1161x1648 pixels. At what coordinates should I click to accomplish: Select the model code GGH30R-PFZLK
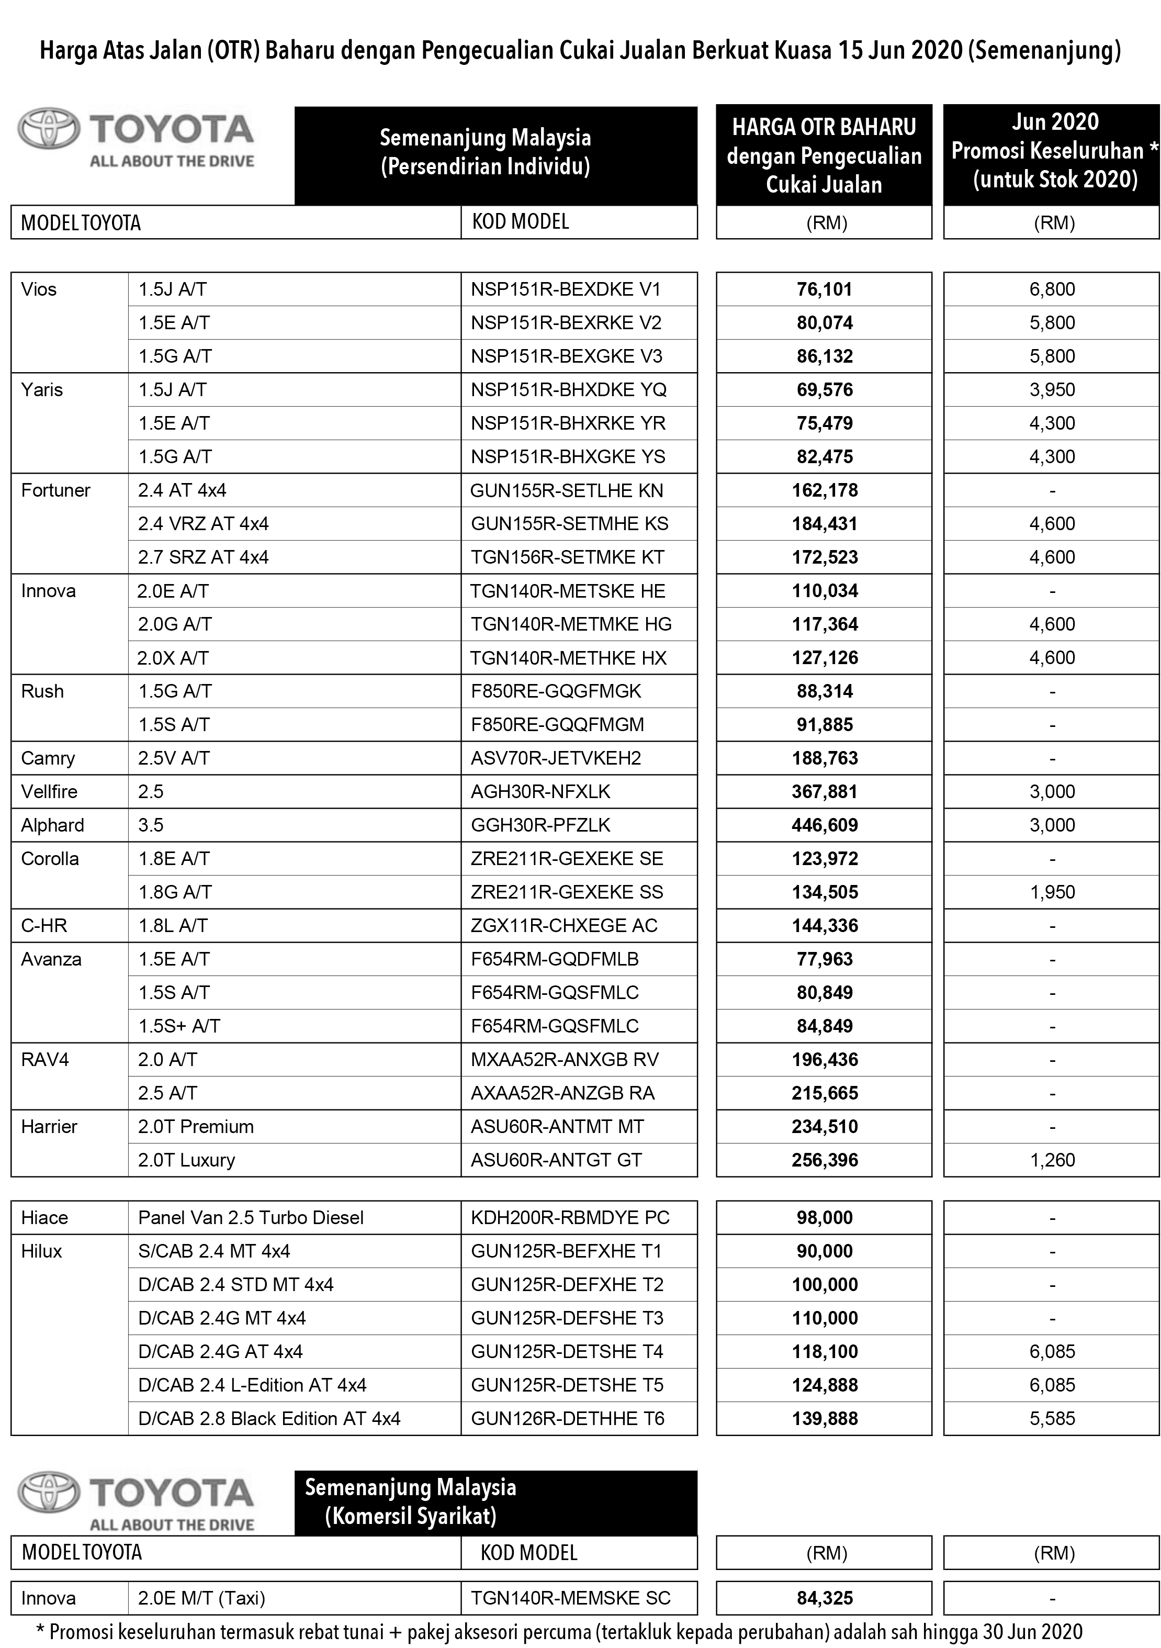[x=540, y=825]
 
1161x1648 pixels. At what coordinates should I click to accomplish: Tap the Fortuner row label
[x=55, y=490]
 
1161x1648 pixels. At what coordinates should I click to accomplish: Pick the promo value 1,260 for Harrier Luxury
[x=1052, y=1160]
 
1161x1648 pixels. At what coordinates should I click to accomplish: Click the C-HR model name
[x=44, y=925]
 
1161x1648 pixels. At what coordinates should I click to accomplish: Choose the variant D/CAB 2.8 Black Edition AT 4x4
[x=269, y=1418]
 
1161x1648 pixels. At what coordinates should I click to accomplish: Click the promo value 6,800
[x=1052, y=289]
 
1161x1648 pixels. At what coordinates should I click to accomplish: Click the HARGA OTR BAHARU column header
[x=824, y=155]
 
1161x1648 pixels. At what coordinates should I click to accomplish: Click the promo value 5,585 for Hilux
[x=1052, y=1418]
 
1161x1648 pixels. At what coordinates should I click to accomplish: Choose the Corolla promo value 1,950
[x=1052, y=892]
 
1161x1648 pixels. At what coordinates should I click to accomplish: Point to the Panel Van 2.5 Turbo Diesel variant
[x=251, y=1217]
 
